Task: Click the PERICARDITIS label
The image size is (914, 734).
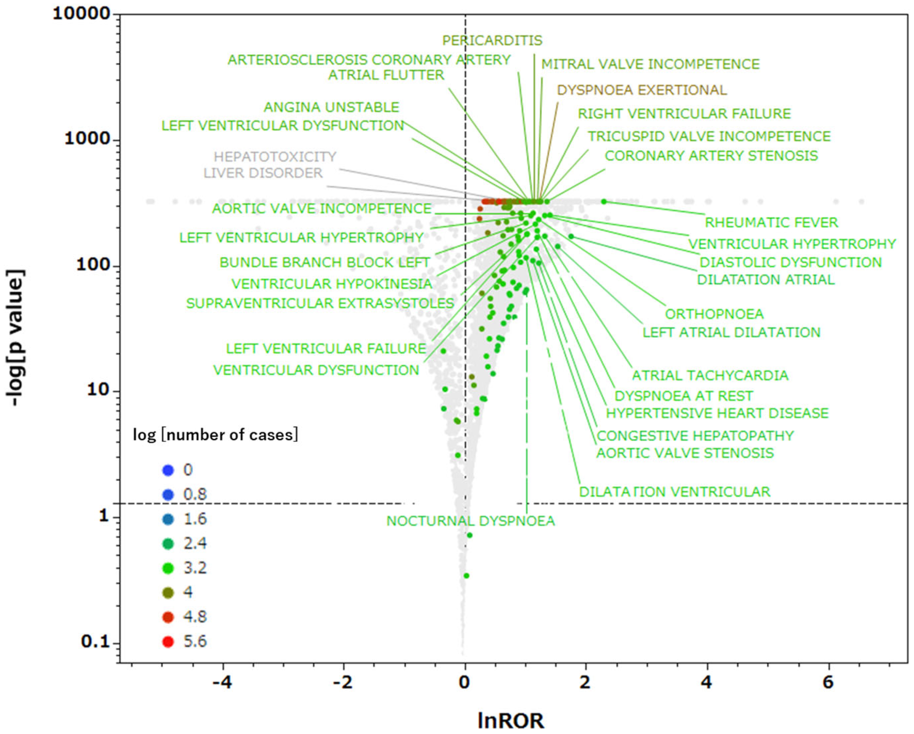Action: click(492, 40)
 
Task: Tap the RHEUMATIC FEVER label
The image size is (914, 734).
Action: click(771, 222)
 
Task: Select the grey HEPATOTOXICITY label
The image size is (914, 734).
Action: click(275, 157)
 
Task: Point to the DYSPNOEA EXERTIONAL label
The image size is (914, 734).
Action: click(641, 90)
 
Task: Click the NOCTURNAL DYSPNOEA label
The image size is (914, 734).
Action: click(470, 520)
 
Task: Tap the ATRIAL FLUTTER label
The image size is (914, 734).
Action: click(386, 75)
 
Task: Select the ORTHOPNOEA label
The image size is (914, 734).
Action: click(714, 314)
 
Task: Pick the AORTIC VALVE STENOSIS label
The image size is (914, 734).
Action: click(685, 453)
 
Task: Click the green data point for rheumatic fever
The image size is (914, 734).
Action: click(604, 202)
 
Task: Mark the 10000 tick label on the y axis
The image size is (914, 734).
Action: click(81, 14)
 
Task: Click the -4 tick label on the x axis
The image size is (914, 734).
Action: click(222, 683)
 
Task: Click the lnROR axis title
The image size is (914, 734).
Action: click(510, 720)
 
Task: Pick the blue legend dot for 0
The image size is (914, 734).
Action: click(168, 470)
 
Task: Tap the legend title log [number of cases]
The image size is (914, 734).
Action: click(215, 435)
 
